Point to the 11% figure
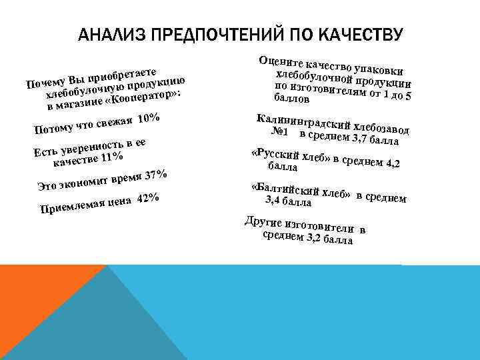pyautogui.click(x=111, y=157)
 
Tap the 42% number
pyautogui.click(x=147, y=200)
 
